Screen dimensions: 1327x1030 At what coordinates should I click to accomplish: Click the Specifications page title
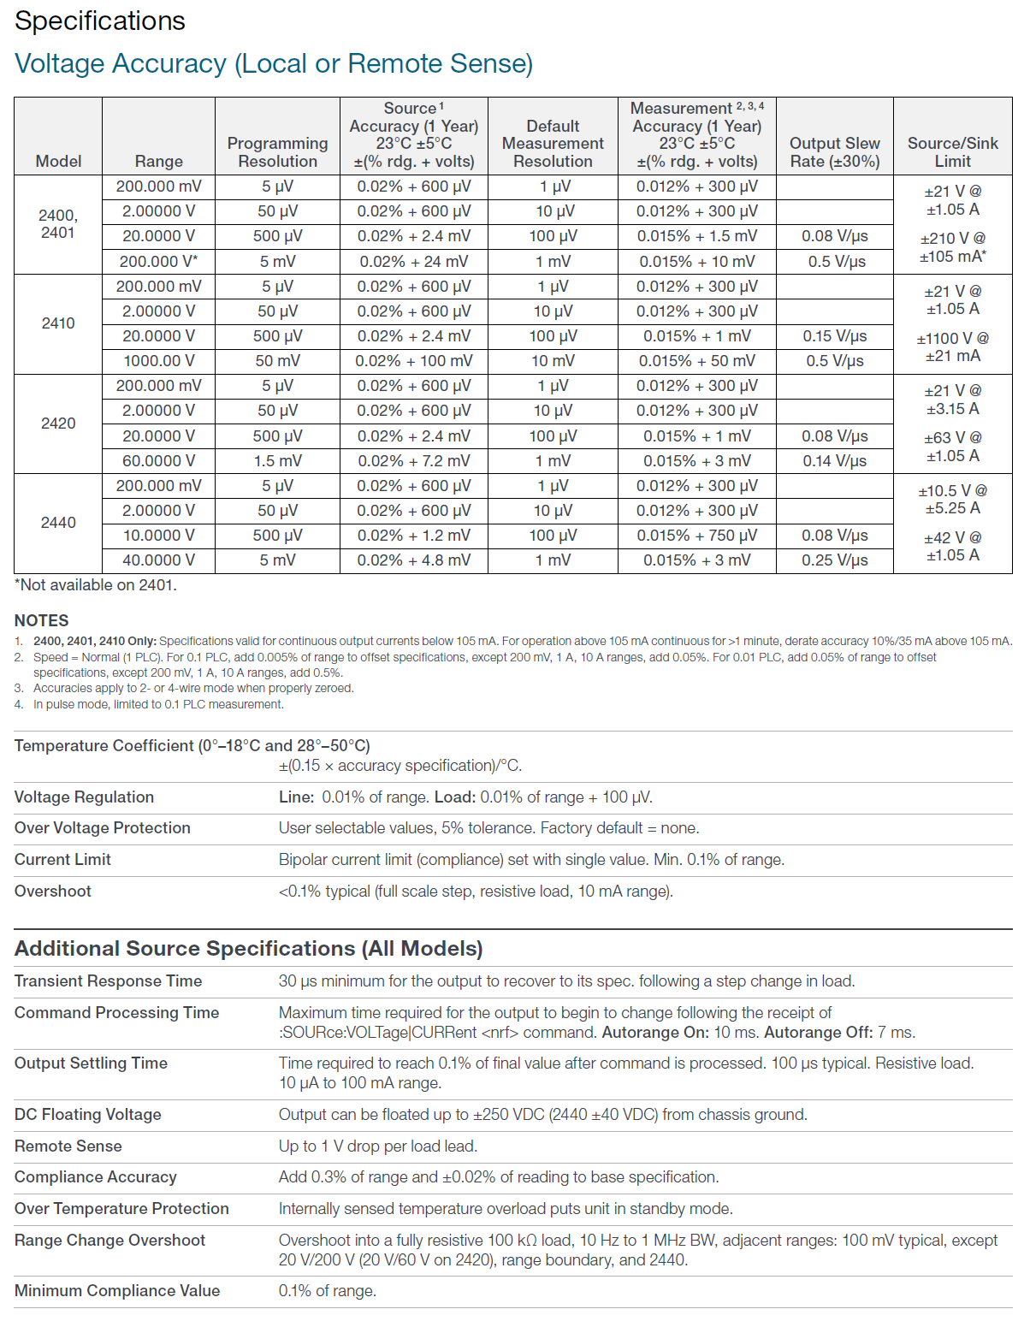pos(100,21)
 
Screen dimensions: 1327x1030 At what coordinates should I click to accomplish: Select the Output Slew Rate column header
pos(834,152)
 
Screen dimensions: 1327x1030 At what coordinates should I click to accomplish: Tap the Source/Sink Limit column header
pos(952,152)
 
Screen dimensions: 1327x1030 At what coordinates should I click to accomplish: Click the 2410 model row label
pos(58,323)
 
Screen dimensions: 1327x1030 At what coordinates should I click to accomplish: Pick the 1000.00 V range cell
pos(158,361)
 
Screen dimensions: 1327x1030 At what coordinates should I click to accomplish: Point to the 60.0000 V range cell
pos(158,461)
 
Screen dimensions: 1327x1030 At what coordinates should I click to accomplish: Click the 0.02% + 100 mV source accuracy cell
pos(413,361)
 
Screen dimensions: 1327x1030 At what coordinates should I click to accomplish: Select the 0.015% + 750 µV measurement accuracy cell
pos(696,536)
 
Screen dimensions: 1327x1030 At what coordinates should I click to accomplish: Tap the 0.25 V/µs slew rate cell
pos(834,560)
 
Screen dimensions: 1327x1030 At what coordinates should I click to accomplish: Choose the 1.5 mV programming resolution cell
pos(277,461)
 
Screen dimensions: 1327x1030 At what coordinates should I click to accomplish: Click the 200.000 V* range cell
pos(158,262)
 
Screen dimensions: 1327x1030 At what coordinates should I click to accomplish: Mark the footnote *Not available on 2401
pos(96,585)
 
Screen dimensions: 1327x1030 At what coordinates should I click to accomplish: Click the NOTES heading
pos(42,621)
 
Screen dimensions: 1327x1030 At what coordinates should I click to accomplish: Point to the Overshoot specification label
pos(53,892)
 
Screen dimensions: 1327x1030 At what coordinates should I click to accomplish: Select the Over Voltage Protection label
pos(103,828)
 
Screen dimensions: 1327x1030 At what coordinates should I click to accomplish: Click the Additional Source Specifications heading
pos(249,949)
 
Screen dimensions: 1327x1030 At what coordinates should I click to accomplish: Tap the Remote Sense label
pos(68,1146)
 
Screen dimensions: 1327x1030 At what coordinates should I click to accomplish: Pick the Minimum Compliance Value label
pos(117,1291)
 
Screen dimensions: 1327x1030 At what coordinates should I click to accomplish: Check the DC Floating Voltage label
pos(88,1115)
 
